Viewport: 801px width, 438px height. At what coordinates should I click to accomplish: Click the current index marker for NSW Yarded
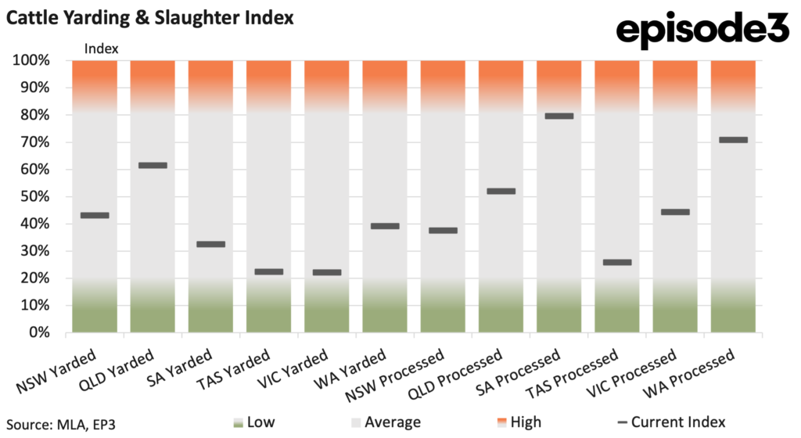(95, 215)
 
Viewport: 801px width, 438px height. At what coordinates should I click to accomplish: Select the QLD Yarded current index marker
(153, 165)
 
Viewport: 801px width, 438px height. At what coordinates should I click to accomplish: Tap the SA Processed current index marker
(559, 117)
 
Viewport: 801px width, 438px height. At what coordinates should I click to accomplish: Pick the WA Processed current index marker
(733, 140)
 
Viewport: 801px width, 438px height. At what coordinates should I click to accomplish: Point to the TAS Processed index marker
(617, 262)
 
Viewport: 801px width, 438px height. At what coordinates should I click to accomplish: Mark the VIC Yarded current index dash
(327, 273)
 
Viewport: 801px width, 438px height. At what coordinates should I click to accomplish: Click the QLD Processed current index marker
(501, 192)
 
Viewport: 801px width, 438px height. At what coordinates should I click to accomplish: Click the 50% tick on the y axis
(35, 196)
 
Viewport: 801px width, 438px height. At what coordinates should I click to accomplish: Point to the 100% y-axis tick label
(31, 60)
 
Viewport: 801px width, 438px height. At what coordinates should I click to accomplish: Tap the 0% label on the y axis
(39, 333)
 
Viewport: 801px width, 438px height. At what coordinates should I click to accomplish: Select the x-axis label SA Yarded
(180, 368)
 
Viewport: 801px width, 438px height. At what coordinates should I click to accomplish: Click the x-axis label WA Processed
(688, 373)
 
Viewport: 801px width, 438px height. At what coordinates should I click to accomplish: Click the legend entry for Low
(254, 422)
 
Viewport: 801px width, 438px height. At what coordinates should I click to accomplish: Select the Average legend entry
(386, 422)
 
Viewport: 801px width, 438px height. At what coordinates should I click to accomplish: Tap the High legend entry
(519, 422)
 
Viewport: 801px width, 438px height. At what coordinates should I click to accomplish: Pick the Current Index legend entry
(671, 422)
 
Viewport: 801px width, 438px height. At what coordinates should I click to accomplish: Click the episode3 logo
(703, 30)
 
